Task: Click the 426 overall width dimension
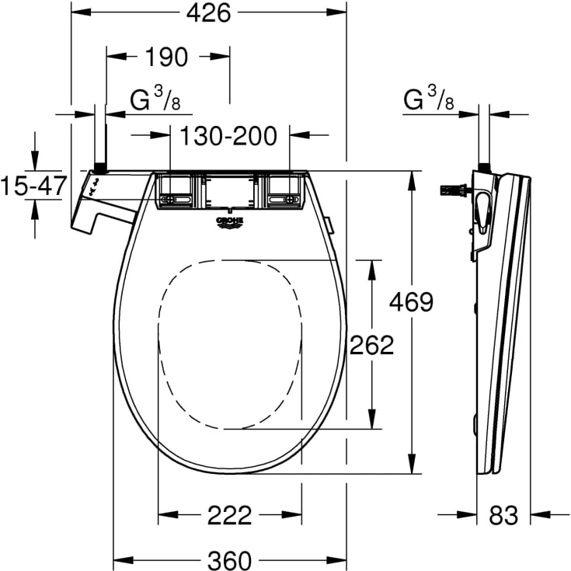tap(208, 13)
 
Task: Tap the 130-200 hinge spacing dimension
tap(228, 136)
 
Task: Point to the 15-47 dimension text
tap(30, 187)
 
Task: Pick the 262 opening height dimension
tap(371, 344)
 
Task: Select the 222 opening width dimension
tap(229, 514)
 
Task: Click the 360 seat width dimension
tap(229, 558)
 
